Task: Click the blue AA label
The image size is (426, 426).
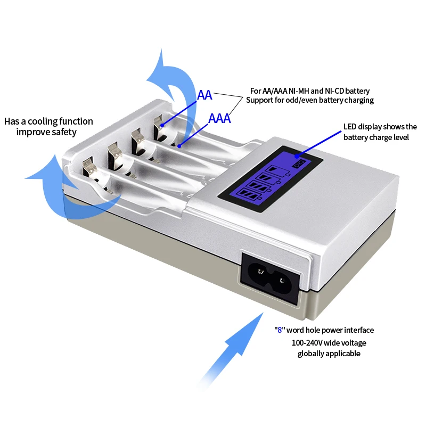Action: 204,95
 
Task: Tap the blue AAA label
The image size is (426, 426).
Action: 219,118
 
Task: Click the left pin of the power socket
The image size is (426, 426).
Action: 261,274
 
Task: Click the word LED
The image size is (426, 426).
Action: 349,127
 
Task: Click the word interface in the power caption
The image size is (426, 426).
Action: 359,330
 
